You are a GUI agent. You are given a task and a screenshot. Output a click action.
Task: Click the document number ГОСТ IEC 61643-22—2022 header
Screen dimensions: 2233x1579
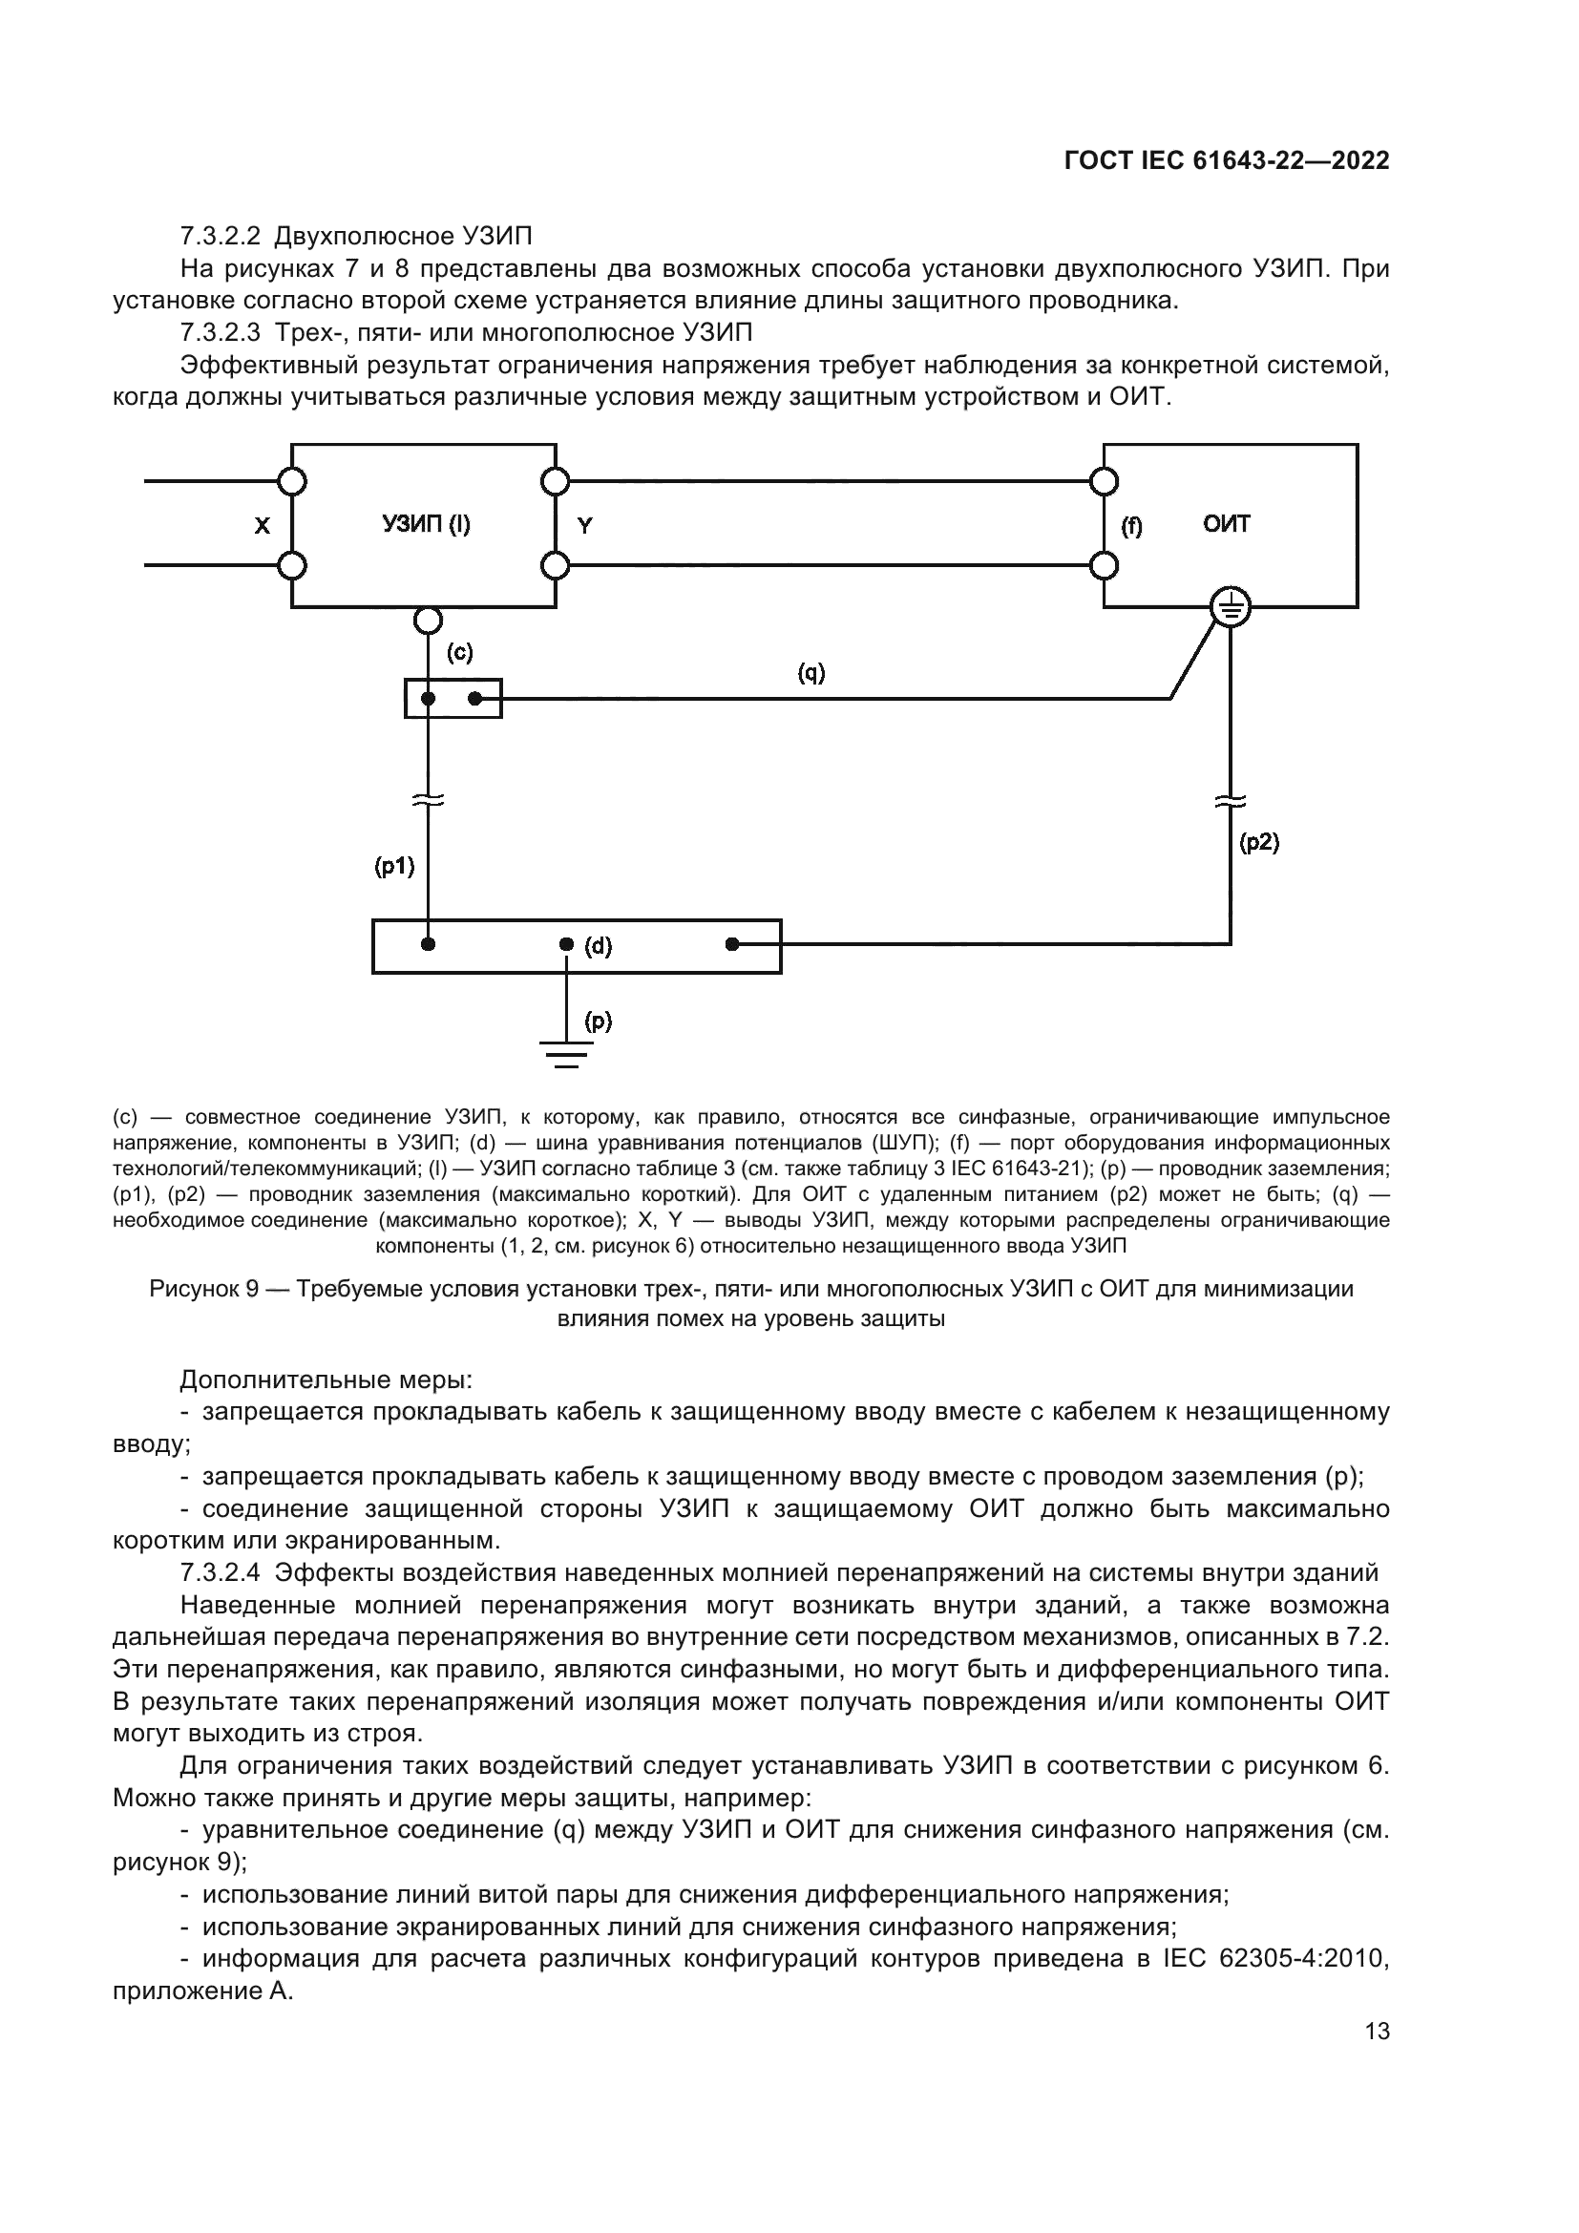[x=1226, y=160]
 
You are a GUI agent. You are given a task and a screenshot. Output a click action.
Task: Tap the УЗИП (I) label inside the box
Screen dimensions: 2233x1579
[x=425, y=525]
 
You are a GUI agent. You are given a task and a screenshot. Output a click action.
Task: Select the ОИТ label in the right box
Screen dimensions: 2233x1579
[x=1226, y=524]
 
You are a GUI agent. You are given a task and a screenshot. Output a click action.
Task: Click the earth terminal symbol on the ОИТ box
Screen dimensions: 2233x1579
[x=1230, y=609]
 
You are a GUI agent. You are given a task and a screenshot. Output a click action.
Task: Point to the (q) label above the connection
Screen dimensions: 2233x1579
[x=811, y=672]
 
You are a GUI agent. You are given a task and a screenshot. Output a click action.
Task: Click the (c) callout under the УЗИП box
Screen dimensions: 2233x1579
[x=460, y=653]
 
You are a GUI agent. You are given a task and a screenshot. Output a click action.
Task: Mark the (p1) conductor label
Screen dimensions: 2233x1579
[x=395, y=867]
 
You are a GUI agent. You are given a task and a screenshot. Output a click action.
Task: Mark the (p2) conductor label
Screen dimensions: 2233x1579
[x=1259, y=842]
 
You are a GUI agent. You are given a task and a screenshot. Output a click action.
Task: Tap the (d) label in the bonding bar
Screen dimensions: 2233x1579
[x=598, y=946]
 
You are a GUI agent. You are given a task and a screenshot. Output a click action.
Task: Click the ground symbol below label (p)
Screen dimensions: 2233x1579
[x=567, y=1054]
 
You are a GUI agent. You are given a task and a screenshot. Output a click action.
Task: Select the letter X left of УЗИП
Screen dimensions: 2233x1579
[x=262, y=526]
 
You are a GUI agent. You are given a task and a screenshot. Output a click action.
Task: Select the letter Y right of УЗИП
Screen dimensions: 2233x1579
[x=584, y=526]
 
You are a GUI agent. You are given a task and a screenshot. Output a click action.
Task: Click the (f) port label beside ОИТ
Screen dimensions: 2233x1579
[x=1132, y=526]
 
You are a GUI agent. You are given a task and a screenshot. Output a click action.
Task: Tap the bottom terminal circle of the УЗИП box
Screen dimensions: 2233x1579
[x=428, y=620]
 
